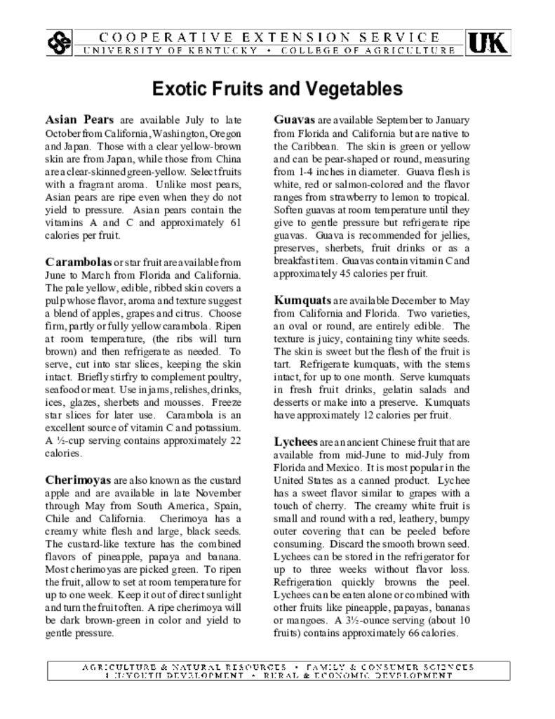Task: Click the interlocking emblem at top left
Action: pyautogui.click(x=60, y=43)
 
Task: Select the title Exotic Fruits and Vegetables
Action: pyautogui.click(x=277, y=89)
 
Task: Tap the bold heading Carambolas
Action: pyautogui.click(x=78, y=262)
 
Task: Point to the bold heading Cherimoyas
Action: pyautogui.click(x=78, y=480)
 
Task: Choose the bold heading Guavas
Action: pyautogui.click(x=294, y=119)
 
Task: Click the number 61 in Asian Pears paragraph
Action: pyautogui.click(x=235, y=223)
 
